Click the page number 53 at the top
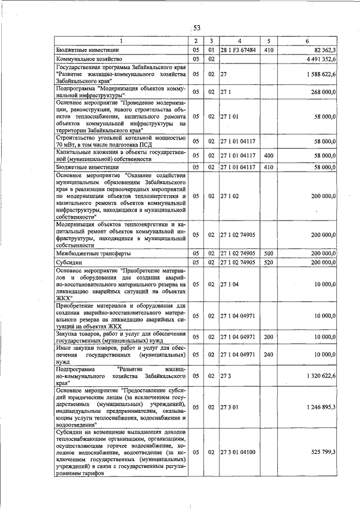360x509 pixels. (197, 28)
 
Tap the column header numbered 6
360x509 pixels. (307, 41)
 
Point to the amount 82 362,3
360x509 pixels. (322, 49)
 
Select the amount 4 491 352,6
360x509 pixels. (318, 58)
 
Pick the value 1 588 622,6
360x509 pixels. (318, 74)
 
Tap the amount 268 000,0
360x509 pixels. (322, 92)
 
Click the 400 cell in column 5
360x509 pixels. (269, 154)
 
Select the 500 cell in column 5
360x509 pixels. (269, 254)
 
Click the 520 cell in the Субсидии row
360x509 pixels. (269, 262)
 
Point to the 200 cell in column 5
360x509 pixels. (269, 337)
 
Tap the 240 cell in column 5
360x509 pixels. (269, 355)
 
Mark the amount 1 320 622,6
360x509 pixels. (318, 375)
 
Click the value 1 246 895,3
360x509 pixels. (318, 406)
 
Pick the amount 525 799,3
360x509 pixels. (322, 452)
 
